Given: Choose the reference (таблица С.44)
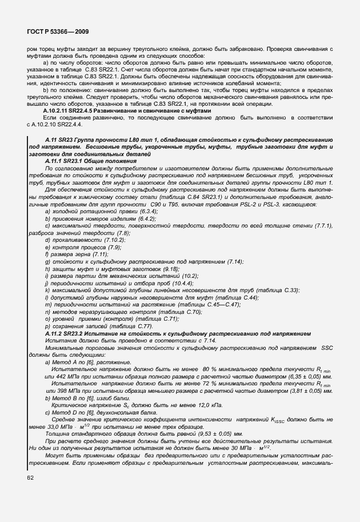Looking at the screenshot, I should pos(237,298).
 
